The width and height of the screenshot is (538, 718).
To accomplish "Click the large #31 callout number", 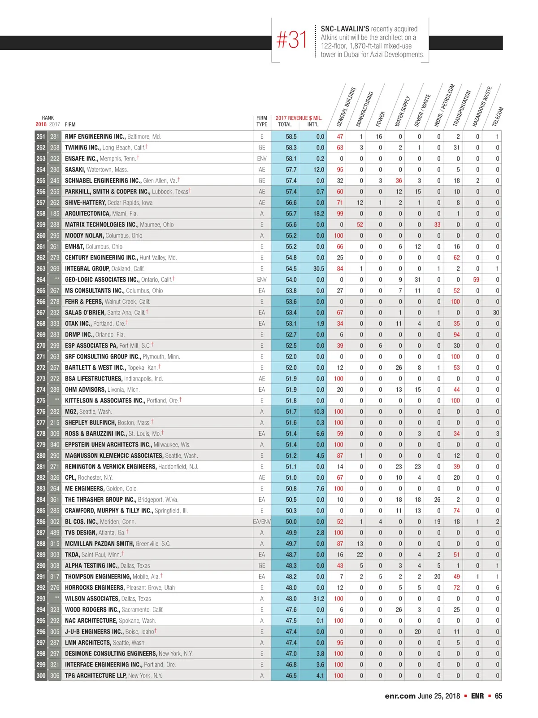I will coord(292,39).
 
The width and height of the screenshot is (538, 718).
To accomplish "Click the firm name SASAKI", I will coord(75,170).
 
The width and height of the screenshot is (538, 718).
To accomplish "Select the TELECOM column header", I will coord(498,116).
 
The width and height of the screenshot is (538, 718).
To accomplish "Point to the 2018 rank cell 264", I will coord(41,280).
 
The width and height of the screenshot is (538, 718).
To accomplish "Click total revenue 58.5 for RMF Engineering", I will coord(291,136).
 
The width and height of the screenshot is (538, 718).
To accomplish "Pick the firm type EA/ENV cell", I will coord(262,521).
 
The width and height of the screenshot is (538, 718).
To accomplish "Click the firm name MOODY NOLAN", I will coord(84,236).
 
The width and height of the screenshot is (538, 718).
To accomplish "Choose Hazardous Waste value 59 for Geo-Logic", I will coord(476,280).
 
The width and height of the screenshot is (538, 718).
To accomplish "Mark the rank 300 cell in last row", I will coord(41,675).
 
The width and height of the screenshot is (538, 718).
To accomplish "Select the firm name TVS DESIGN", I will coord(81,533).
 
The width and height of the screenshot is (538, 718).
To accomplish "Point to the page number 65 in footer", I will coord(499,696).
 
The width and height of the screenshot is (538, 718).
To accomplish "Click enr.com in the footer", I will coord(400,696).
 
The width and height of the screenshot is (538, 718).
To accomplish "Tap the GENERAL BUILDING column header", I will coord(346,107).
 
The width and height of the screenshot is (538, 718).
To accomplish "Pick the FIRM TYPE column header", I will coord(262,121).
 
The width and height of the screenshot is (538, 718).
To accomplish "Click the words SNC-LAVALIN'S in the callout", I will coord(345,29).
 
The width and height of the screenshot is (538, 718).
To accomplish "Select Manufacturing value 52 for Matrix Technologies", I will coord(360,224).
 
